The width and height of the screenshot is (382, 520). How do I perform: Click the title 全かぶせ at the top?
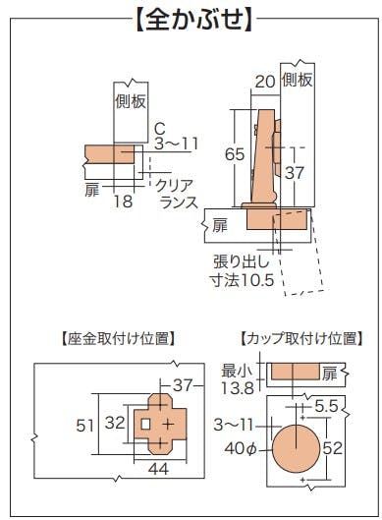click(x=194, y=20)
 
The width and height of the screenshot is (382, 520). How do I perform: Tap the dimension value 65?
click(x=235, y=154)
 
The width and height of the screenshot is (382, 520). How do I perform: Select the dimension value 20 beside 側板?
click(x=265, y=82)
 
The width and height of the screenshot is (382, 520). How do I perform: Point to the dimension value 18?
click(x=123, y=201)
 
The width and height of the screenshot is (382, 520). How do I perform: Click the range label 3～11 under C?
click(x=176, y=144)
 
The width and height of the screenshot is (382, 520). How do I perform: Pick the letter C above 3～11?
click(x=160, y=129)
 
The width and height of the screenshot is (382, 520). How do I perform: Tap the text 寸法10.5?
click(x=244, y=280)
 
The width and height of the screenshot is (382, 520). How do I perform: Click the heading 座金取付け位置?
click(x=118, y=339)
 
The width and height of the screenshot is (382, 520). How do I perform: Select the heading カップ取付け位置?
click(x=301, y=338)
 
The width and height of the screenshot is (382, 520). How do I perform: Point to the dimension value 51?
click(x=85, y=426)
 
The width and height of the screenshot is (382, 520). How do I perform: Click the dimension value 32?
click(x=115, y=423)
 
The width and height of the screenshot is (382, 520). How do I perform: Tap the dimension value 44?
click(x=158, y=469)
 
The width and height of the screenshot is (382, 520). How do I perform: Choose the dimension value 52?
click(x=332, y=448)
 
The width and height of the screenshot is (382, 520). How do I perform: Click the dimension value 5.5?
click(x=326, y=407)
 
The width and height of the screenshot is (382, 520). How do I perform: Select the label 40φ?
click(x=241, y=448)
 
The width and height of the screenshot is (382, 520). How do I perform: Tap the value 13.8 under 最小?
click(x=238, y=387)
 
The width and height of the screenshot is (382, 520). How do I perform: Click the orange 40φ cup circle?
click(x=296, y=448)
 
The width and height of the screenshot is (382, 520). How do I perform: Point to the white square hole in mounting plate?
click(x=145, y=424)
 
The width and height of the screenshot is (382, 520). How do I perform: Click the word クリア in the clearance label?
click(x=174, y=186)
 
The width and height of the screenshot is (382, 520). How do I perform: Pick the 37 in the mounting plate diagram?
click(x=183, y=385)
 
